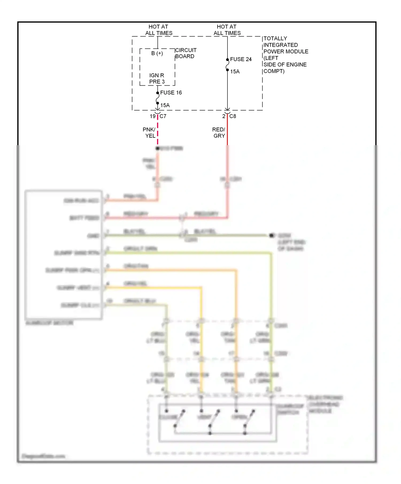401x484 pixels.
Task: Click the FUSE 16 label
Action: pyautogui.click(x=171, y=93)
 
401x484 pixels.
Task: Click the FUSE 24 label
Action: pyautogui.click(x=241, y=59)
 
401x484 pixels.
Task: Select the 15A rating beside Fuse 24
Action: pyautogui.click(x=235, y=72)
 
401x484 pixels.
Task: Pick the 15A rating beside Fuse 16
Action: pyautogui.click(x=165, y=105)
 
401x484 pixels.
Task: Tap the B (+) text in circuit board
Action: pyautogui.click(x=157, y=53)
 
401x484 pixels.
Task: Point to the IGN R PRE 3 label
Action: pyautogui.click(x=157, y=78)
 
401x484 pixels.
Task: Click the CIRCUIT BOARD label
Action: pyautogui.click(x=186, y=53)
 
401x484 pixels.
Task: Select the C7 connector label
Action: pyautogui.click(x=163, y=116)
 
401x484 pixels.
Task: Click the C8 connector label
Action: pyautogui.click(x=233, y=116)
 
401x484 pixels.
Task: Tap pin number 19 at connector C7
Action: pyautogui.click(x=153, y=116)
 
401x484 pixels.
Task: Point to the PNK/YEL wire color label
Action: pyautogui.click(x=149, y=133)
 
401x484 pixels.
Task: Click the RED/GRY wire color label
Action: pyautogui.click(x=219, y=133)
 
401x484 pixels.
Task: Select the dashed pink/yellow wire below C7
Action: pyautogui.click(x=158, y=131)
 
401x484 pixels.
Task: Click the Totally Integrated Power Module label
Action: pyautogui.click(x=285, y=55)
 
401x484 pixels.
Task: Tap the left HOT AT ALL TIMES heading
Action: pyautogui.click(x=159, y=30)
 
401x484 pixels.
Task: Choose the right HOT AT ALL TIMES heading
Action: pyautogui.click(x=227, y=30)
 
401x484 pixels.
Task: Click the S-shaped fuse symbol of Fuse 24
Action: pyautogui.click(x=227, y=65)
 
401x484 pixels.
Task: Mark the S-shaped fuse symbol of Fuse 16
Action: pyautogui.click(x=157, y=98)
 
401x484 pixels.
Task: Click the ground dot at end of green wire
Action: pyautogui.click(x=272, y=235)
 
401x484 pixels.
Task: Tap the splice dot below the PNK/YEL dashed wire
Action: pyautogui.click(x=157, y=148)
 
